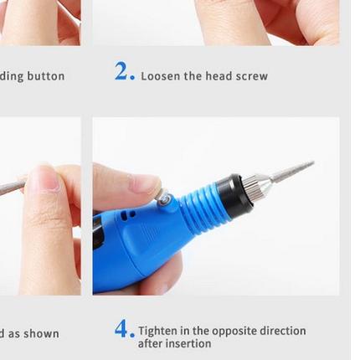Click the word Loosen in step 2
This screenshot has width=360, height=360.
[159, 76]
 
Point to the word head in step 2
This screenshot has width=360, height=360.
[218, 76]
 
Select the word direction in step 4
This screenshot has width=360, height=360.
[282, 331]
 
